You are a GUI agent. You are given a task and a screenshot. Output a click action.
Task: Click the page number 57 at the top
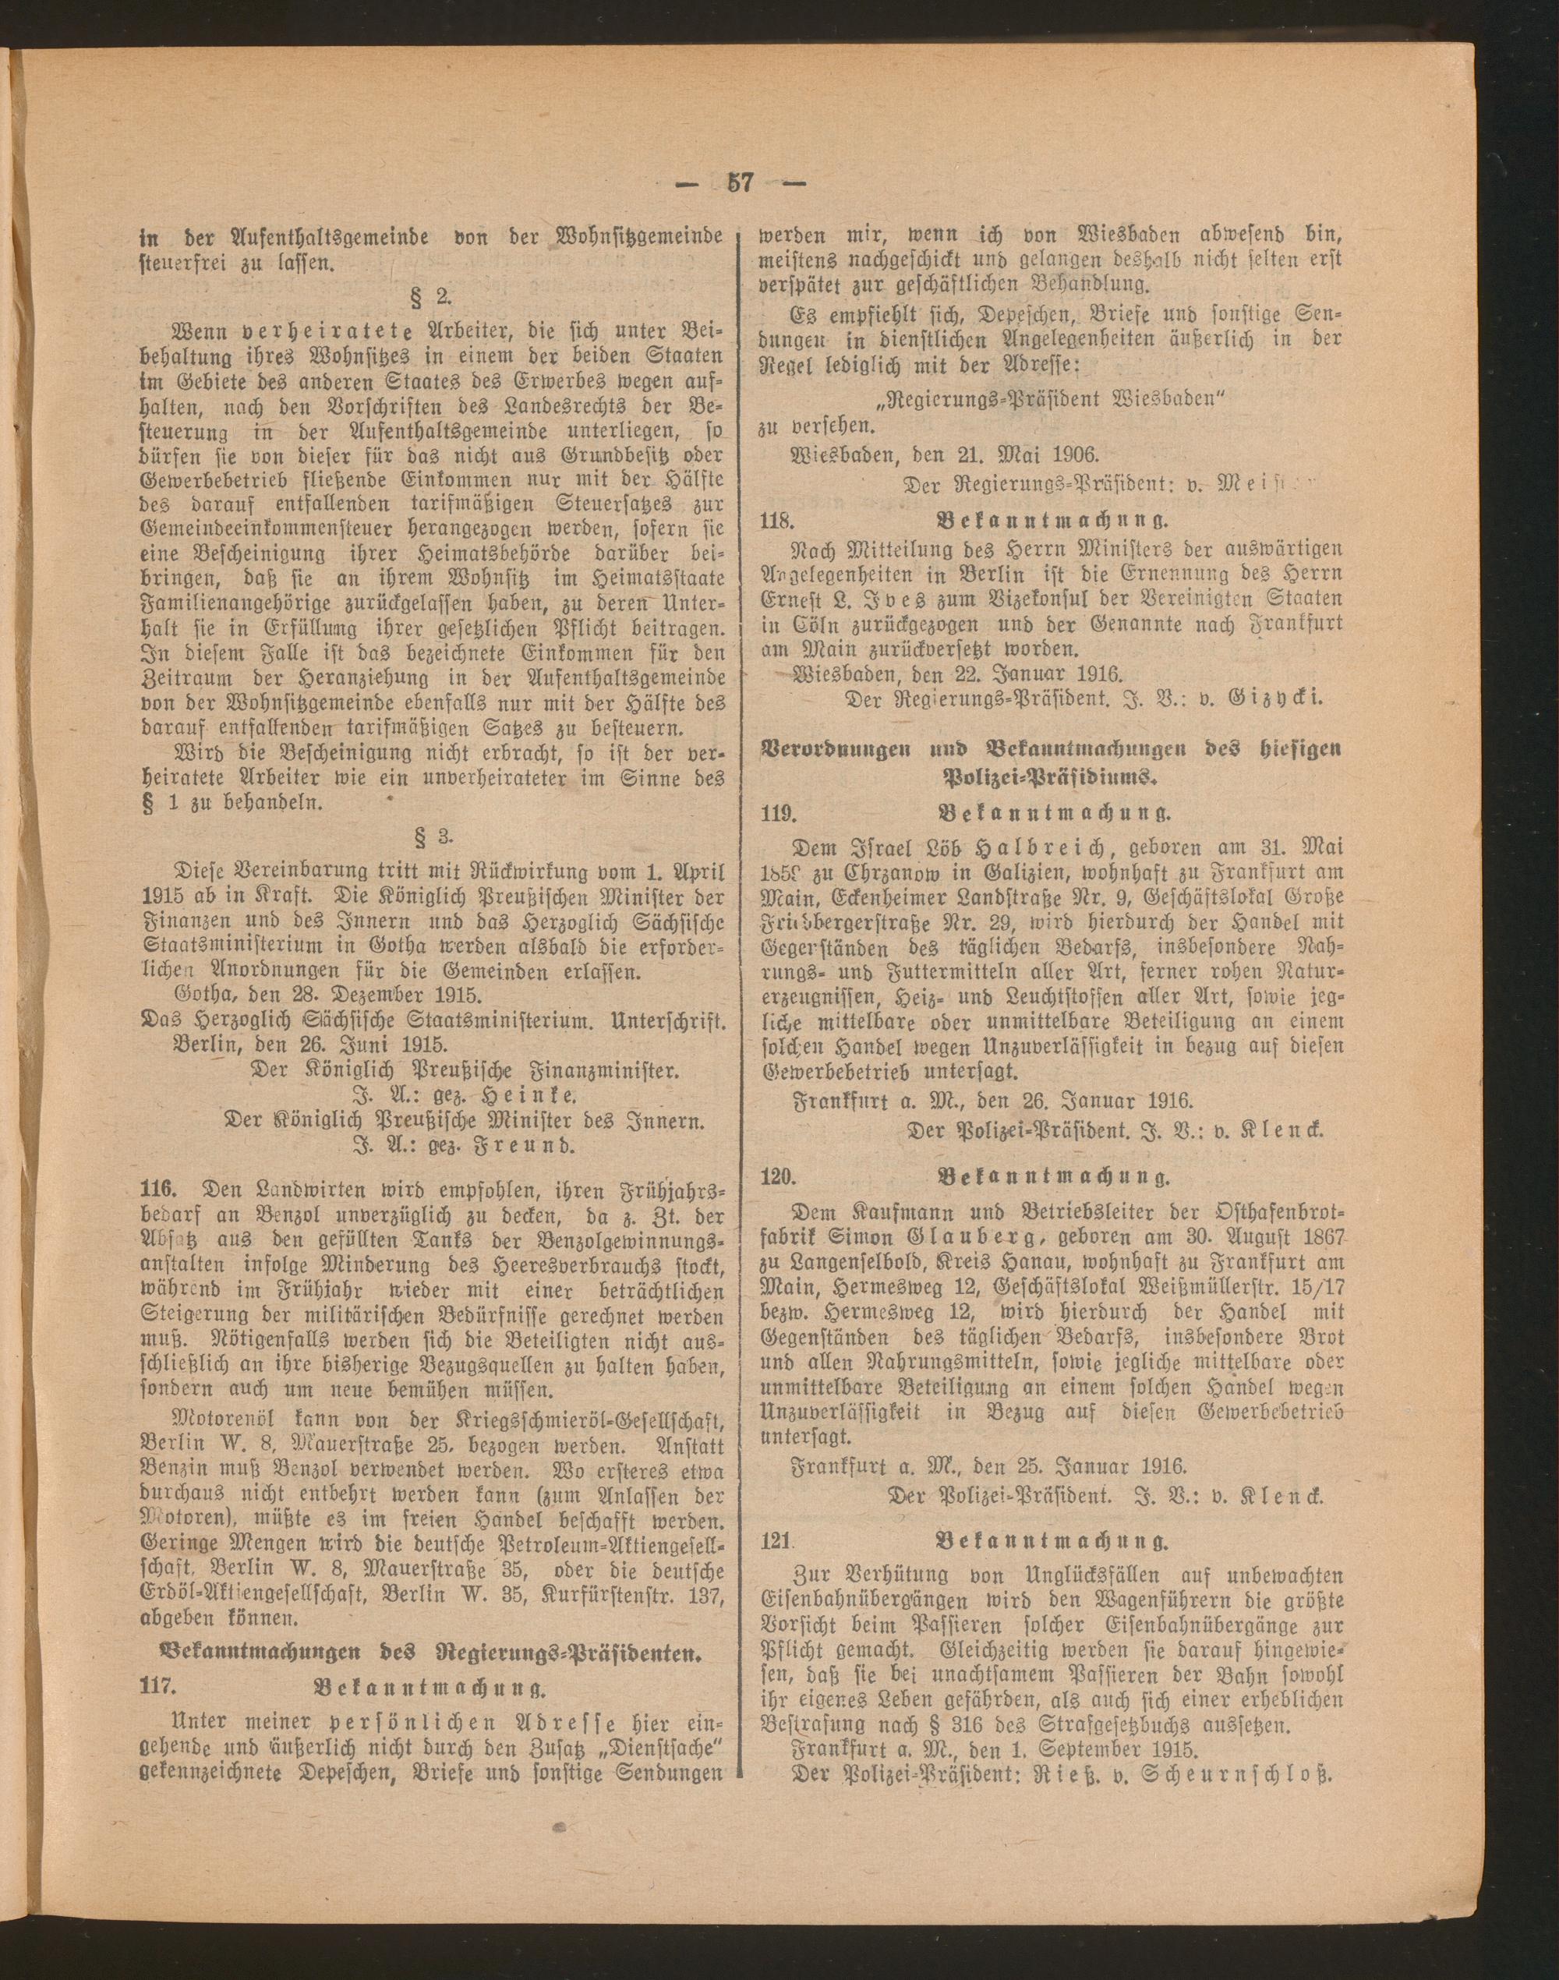pyautogui.click(x=739, y=182)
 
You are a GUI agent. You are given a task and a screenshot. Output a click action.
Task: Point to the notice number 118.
pyautogui.click(x=779, y=522)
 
